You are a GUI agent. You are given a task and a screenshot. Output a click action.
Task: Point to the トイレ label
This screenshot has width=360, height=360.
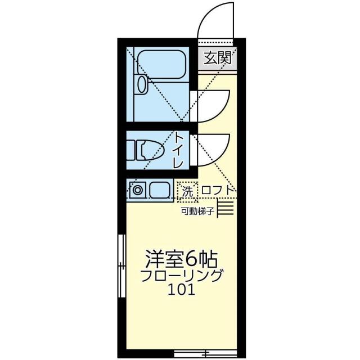click(179, 149)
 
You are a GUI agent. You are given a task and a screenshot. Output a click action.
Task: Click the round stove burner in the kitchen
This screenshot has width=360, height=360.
click(137, 190)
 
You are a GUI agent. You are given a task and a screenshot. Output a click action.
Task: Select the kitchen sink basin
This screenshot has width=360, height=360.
click(160, 190)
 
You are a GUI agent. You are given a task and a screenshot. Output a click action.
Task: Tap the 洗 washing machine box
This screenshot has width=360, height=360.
click(186, 191)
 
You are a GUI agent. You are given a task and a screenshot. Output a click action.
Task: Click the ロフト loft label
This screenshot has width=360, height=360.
click(217, 191)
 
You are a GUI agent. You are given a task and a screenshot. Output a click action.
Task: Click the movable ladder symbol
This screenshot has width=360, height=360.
click(226, 209)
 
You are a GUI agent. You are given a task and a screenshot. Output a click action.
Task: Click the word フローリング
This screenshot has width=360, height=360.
click(181, 277)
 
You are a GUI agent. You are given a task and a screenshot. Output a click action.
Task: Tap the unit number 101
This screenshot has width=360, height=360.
click(181, 291)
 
